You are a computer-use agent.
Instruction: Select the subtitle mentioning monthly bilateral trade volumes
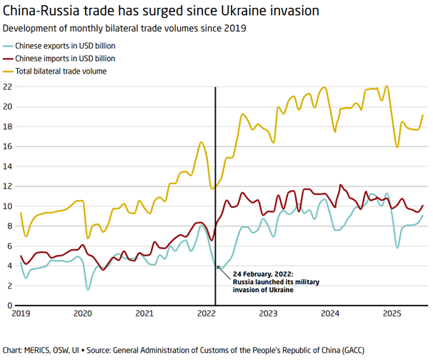point(125,29)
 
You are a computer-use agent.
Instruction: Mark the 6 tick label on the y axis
point(9,246)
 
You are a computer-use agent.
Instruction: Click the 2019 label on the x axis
point(21,314)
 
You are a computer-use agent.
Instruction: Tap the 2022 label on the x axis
point(206,314)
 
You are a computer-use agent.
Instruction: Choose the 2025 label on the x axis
point(392,314)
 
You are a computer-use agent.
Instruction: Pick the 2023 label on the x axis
point(268,314)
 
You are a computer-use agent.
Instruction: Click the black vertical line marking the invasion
point(216,179)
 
